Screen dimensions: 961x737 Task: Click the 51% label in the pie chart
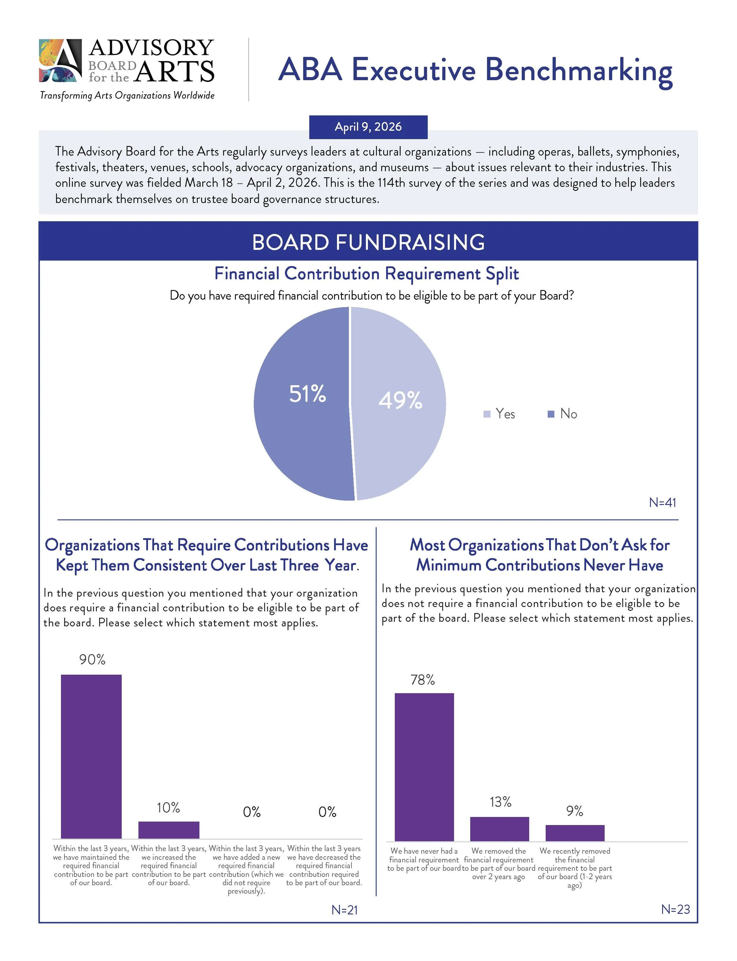pos(307,393)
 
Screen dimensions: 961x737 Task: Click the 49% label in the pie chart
pos(400,400)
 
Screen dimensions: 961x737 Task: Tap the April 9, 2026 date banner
pos(368,127)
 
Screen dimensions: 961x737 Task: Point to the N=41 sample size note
pos(662,502)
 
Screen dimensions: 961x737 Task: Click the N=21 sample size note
pos(344,910)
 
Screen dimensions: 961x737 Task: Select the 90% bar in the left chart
pos(91,757)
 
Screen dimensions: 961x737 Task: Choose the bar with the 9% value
pos(575,833)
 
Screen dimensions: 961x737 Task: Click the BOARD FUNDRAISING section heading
pos(368,242)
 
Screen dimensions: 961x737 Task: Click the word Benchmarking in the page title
pos(579,70)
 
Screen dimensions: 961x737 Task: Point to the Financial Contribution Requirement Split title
pos(366,274)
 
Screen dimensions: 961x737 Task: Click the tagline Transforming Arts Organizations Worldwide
pos(127,95)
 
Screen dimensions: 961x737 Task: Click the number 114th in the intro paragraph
pos(391,183)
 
